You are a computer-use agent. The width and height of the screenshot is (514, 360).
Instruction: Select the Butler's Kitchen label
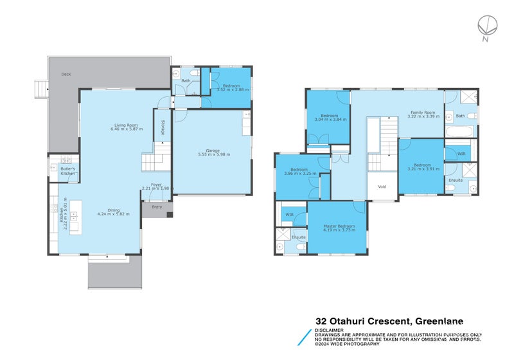click(68, 172)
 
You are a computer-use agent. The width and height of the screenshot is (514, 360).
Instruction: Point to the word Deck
click(66, 75)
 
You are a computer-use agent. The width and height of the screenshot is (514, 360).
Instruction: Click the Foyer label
click(155, 184)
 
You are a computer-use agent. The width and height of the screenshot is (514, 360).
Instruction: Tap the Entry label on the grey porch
click(157, 207)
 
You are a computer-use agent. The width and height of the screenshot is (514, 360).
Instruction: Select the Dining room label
click(113, 210)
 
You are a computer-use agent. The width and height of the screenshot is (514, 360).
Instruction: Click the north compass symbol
click(488, 26)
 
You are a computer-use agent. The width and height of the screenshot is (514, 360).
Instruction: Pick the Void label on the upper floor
click(382, 187)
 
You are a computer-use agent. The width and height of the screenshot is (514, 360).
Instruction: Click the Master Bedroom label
click(339, 226)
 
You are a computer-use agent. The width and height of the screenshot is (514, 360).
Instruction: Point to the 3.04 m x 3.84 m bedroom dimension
click(330, 120)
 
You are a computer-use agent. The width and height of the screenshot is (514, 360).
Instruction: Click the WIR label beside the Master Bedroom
click(289, 214)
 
